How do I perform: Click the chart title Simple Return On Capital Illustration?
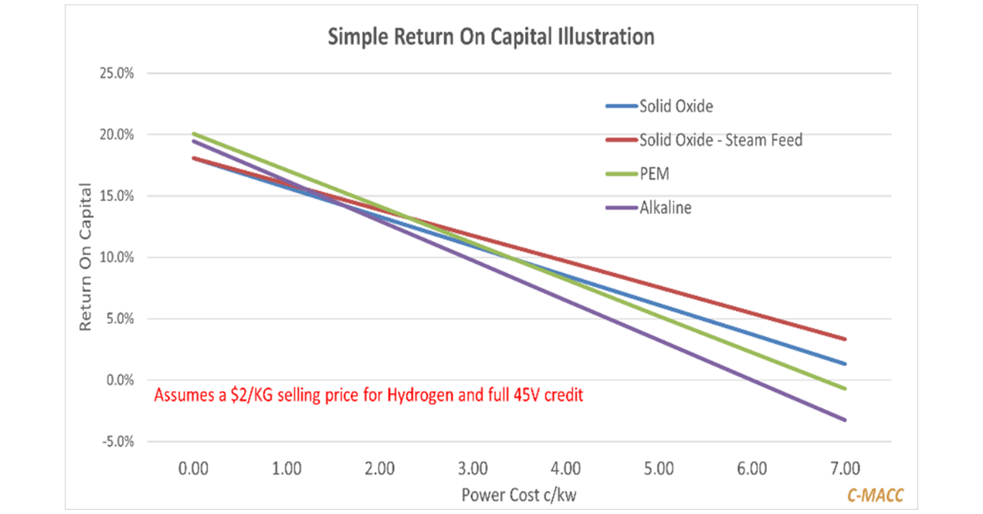click(491, 37)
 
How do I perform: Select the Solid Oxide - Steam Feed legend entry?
click(721, 140)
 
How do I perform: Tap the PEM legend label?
click(654, 174)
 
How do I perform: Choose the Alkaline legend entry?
click(665, 207)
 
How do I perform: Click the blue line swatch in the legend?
click(619, 107)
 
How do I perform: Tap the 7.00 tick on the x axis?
click(845, 469)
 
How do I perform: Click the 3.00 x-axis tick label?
click(473, 469)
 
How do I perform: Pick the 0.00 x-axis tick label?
click(193, 469)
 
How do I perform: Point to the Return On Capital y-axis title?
click(84, 257)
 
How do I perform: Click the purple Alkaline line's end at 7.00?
click(845, 420)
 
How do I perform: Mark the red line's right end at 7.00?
click(845, 339)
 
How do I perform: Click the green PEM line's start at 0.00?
click(193, 134)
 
